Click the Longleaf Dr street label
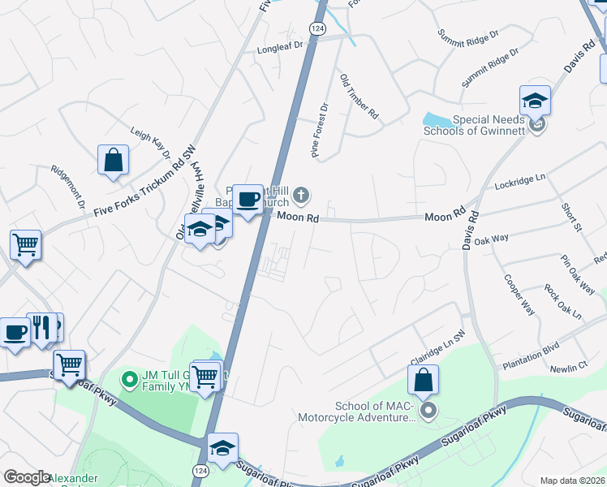(x=279, y=48)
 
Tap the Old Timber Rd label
(x=359, y=97)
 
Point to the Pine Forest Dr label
(x=320, y=129)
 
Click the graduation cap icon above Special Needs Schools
(x=535, y=101)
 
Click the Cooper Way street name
(x=519, y=295)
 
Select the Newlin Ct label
(x=568, y=367)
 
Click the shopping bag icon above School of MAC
(x=423, y=381)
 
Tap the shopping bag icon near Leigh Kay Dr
(x=114, y=161)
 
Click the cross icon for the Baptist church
(x=301, y=194)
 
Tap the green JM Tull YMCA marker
(x=127, y=378)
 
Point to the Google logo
(x=27, y=478)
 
